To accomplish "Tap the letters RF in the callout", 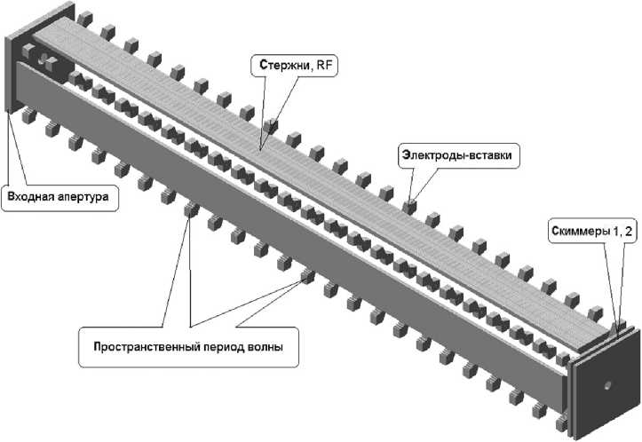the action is point(323,65).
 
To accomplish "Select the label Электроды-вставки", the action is point(456,155).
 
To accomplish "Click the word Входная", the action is point(31,196).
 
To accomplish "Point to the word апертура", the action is point(83,197).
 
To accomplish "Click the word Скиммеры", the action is point(580,232).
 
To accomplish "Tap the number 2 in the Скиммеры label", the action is point(629,232).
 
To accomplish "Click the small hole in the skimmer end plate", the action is point(607,385).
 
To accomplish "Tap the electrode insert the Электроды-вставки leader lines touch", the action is point(408,206).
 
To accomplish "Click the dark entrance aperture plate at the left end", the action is point(12,74).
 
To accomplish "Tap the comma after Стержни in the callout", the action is point(311,69).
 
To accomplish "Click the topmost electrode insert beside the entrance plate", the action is point(84,19).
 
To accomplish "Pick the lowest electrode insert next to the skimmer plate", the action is point(563,422).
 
